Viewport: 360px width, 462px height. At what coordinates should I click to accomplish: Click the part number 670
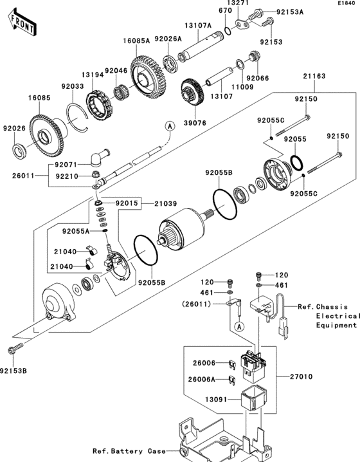224,11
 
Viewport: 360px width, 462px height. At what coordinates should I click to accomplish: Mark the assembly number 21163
316,76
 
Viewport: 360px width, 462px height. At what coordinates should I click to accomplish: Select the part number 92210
67,176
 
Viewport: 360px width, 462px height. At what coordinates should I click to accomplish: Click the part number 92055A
77,230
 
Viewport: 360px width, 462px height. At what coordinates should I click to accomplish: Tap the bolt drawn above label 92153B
12,349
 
